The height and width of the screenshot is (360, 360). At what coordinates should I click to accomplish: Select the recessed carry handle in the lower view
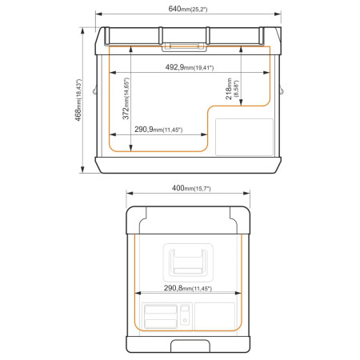click(186, 260)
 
